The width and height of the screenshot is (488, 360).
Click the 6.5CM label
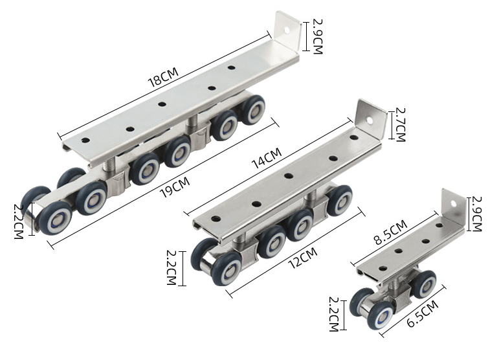tap(421, 315)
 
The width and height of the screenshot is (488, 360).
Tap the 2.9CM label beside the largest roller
tap(316, 36)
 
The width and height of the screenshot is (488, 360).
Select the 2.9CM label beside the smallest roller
tap(477, 213)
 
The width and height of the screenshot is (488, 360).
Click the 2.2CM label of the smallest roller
tap(334, 313)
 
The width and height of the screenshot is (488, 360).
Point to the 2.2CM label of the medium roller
tap(172, 267)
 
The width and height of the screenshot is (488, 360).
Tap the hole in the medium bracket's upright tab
tap(371, 120)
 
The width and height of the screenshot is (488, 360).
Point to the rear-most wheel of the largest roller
tap(253, 109)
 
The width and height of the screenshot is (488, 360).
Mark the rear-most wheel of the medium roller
tap(339, 200)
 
